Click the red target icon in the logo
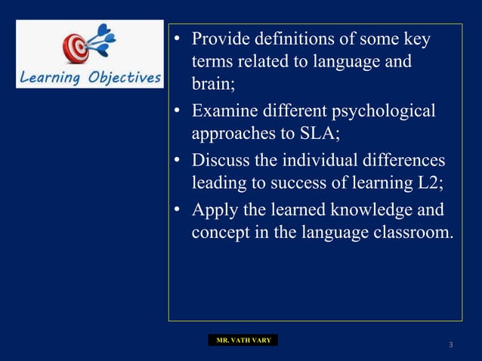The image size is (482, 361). pos(76,48)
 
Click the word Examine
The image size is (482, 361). pos(224,112)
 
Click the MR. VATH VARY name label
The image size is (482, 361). pos(243,341)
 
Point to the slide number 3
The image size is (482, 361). pos(450,346)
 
